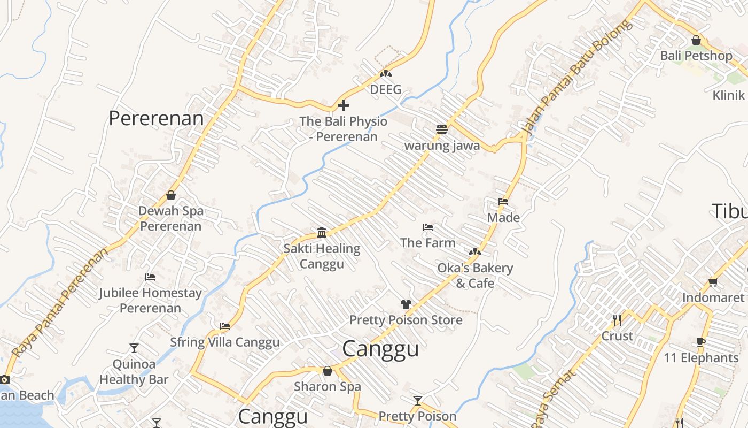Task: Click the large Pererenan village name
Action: pos(156,118)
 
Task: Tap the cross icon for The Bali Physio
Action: pos(344,105)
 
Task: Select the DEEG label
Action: pos(386,90)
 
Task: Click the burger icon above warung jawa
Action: pos(441,129)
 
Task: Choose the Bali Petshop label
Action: pos(696,56)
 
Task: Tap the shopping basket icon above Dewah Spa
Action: pos(171,195)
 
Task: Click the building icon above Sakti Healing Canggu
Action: pos(322,233)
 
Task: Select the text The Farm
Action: pos(428,243)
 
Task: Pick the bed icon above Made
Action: pos(503,202)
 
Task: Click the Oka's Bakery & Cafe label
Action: pos(475,275)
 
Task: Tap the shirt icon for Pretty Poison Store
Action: pos(406,304)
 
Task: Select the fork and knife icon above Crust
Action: pos(617,320)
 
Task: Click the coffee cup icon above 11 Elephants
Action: pos(701,342)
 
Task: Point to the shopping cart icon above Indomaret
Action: pos(713,282)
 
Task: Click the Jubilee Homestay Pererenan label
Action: pos(151,301)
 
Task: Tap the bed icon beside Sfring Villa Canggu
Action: pos(225,326)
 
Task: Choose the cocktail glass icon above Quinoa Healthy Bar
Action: pos(134,348)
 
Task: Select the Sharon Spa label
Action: pos(328,386)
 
